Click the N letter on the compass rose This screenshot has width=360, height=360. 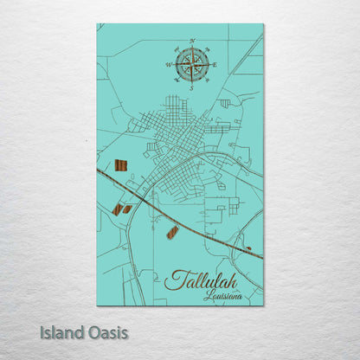(191, 41)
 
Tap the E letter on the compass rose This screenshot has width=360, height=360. (214, 64)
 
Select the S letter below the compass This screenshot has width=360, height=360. (191, 87)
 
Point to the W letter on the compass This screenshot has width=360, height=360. (167, 64)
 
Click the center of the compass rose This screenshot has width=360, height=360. (191, 64)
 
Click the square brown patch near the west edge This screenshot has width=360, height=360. (121, 164)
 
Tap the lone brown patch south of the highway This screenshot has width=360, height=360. (172, 232)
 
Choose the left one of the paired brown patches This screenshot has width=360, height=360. (117, 209)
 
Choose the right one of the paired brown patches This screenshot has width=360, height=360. (127, 209)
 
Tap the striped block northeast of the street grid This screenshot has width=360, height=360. (225, 103)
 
